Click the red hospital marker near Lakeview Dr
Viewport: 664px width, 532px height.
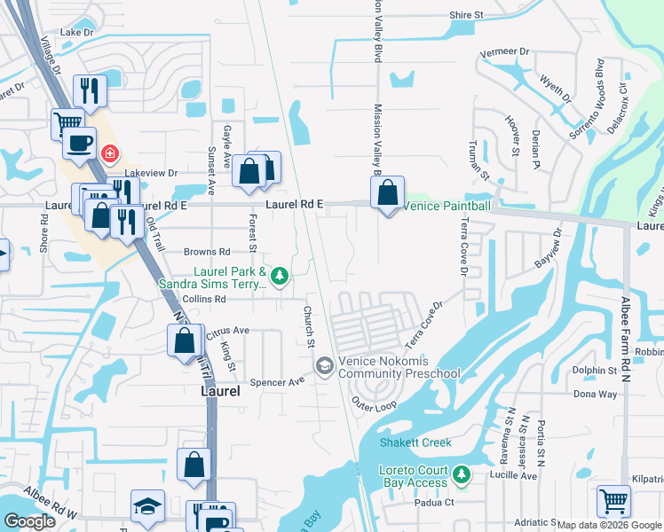109,153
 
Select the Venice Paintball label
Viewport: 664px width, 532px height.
447,206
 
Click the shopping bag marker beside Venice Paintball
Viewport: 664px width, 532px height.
388,193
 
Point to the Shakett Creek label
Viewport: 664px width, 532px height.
415,442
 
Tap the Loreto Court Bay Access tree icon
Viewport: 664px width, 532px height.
462,475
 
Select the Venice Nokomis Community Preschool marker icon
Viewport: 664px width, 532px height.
325,366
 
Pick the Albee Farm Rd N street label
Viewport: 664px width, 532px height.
626,329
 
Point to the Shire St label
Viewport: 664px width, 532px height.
465,15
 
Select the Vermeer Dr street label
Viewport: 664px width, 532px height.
504,52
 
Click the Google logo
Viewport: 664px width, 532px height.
30,521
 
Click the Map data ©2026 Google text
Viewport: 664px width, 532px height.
609,525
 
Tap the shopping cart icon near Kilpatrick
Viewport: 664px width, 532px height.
613,501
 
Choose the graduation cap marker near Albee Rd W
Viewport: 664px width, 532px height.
147,506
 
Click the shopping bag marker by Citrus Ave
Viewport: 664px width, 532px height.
184,341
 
